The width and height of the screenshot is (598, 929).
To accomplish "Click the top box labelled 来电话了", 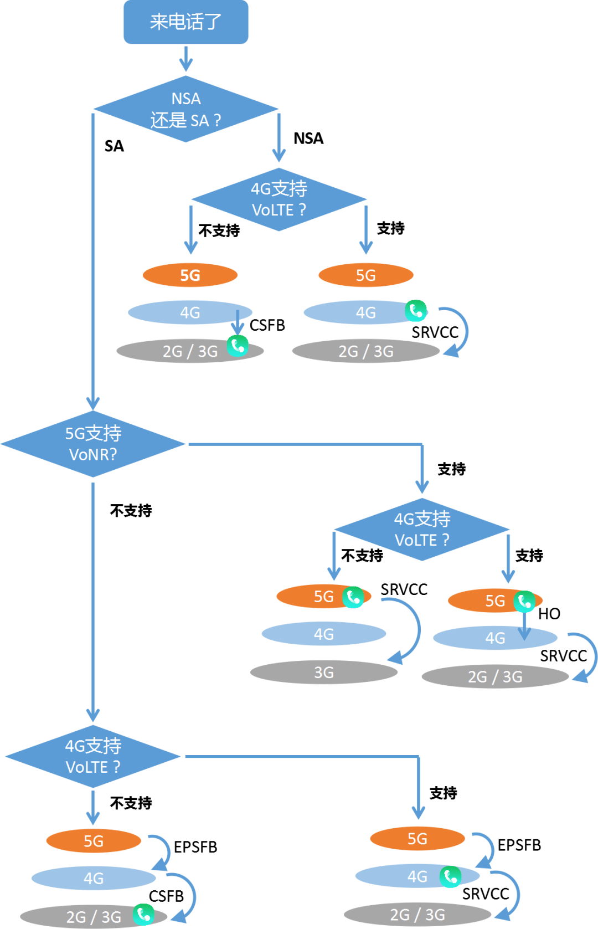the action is tap(185, 22).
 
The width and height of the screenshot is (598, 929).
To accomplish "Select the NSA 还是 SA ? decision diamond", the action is tap(185, 109).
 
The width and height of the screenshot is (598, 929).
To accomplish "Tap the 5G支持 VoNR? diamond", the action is tap(93, 444).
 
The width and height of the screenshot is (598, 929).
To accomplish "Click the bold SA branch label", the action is tap(114, 146).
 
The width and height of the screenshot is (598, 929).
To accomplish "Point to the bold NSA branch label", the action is tap(308, 138).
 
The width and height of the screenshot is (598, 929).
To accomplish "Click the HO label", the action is tap(549, 614).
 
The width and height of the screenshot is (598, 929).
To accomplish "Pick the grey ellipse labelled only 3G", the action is tap(324, 673).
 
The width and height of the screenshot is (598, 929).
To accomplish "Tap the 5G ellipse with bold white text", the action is tap(190, 275).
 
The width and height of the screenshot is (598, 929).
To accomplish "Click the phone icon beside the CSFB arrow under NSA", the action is tap(238, 346).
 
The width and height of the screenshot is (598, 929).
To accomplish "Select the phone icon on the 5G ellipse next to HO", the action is tap(524, 602).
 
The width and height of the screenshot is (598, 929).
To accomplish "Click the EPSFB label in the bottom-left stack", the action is tap(195, 848).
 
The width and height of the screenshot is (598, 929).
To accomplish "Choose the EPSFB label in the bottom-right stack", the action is tap(519, 845).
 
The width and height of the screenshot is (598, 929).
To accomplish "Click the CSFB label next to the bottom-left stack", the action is tap(166, 896).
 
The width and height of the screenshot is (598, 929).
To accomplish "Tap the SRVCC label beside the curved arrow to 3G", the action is tap(404, 589).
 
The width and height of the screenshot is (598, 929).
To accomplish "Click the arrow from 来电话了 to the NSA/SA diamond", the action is tap(185, 59).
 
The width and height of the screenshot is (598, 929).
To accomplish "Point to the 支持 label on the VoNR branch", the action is tap(452, 469).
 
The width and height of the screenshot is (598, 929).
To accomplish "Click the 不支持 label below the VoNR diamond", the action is tap(131, 511).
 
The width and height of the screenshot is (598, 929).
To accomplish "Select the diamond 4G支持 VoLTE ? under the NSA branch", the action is tap(279, 199).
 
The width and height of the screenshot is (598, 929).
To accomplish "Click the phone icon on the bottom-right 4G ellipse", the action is tap(450, 877).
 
